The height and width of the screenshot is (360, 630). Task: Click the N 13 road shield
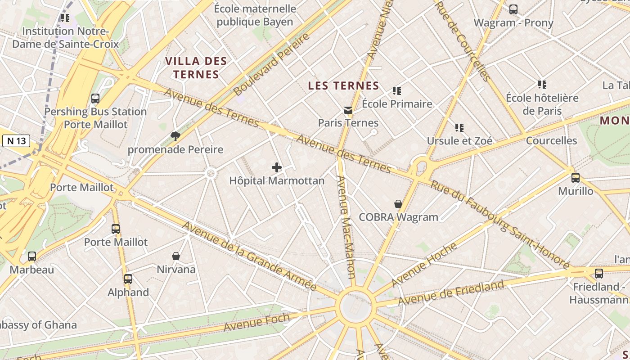16,141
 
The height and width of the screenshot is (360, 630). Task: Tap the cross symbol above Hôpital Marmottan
277,168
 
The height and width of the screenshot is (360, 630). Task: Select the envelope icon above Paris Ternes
348,110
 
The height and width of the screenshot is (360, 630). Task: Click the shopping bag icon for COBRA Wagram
398,204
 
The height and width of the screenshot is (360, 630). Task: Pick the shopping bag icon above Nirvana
176,256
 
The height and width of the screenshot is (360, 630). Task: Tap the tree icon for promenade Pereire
175,136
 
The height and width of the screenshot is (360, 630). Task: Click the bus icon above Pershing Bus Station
95,99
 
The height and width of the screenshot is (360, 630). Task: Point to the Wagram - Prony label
513,22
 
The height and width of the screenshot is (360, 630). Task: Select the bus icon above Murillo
576,178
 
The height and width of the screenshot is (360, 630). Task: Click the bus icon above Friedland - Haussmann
599,274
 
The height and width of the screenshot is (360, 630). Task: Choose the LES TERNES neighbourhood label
343,85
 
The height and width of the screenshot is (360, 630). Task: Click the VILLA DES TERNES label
196,67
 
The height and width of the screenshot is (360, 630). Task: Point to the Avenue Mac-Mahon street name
346,227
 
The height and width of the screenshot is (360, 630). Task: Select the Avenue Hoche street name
424,265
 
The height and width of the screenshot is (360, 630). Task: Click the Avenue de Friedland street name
451,293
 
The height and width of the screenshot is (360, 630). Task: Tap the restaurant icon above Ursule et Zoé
459,128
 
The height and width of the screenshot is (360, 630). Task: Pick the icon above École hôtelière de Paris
542,85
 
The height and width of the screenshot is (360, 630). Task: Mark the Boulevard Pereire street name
272,64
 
